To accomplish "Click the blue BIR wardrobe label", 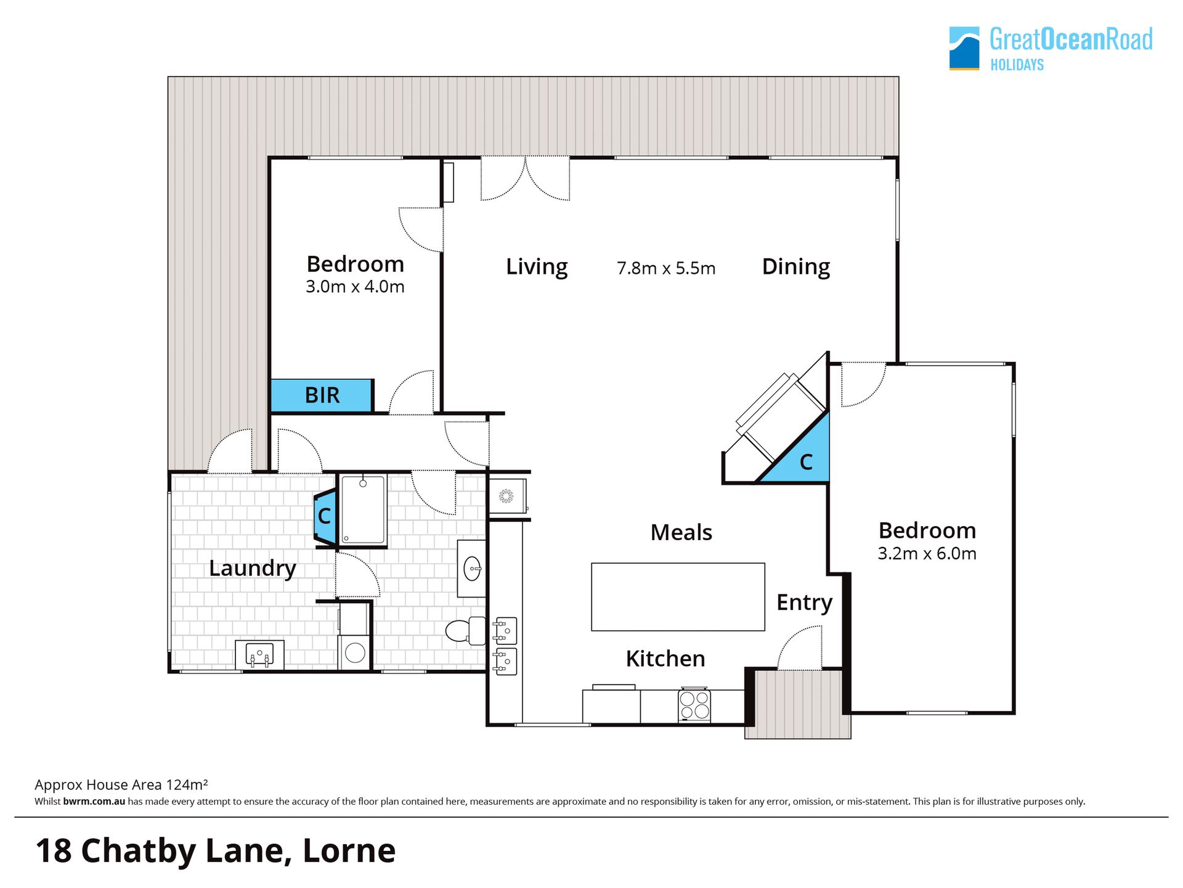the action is (322, 395).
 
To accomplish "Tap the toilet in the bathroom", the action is (466, 631).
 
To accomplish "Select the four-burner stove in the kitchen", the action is (694, 705).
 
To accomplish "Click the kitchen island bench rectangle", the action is (678, 597).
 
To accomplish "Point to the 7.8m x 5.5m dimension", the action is (666, 268).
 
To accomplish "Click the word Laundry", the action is (253, 569).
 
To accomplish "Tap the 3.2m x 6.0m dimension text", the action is (927, 554).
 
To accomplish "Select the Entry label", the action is (804, 603).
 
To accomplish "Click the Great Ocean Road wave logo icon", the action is (964, 48).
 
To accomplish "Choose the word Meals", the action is (681, 532).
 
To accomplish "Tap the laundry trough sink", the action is (259, 654).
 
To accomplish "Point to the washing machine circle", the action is (355, 652).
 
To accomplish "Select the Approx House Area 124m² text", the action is (121, 785).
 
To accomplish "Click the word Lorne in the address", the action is (349, 851).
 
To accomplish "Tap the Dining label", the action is (796, 267).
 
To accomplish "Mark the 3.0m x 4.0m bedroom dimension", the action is (355, 287).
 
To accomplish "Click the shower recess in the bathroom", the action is (363, 509).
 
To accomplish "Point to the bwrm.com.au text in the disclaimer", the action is (94, 802).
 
